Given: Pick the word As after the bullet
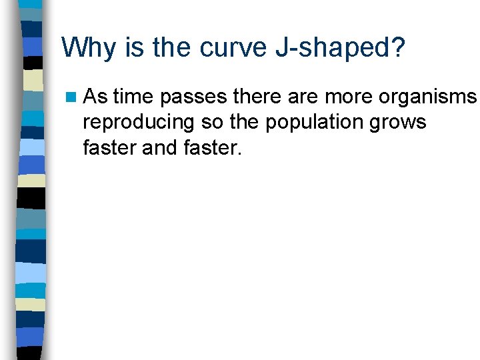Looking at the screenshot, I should click(96, 98).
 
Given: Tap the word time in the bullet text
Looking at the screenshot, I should click(133, 98).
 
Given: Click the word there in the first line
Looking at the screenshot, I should click(260, 98).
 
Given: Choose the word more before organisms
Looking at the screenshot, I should click(351, 98).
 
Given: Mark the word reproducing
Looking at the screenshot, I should click(135, 123).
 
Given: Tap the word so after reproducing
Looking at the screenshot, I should click(204, 123).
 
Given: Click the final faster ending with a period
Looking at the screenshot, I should click(211, 147).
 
